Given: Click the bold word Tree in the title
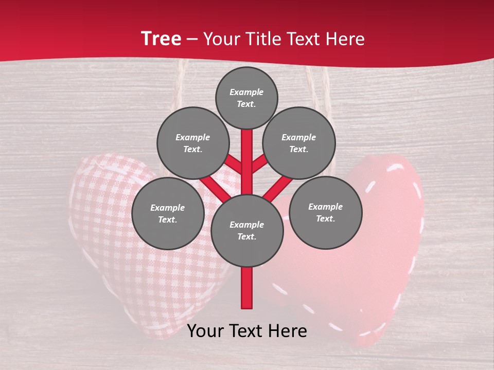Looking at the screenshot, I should (x=161, y=39).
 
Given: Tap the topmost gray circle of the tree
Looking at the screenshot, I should (x=246, y=98).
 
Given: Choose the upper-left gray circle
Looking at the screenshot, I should (x=193, y=143).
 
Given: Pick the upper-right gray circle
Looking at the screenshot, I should (x=299, y=143).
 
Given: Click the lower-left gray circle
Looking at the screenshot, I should (x=167, y=214).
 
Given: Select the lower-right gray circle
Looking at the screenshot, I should (x=326, y=213).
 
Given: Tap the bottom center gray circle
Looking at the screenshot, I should (x=247, y=231).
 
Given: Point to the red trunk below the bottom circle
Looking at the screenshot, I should (x=247, y=288).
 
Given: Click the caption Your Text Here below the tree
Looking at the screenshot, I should (x=247, y=331).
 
